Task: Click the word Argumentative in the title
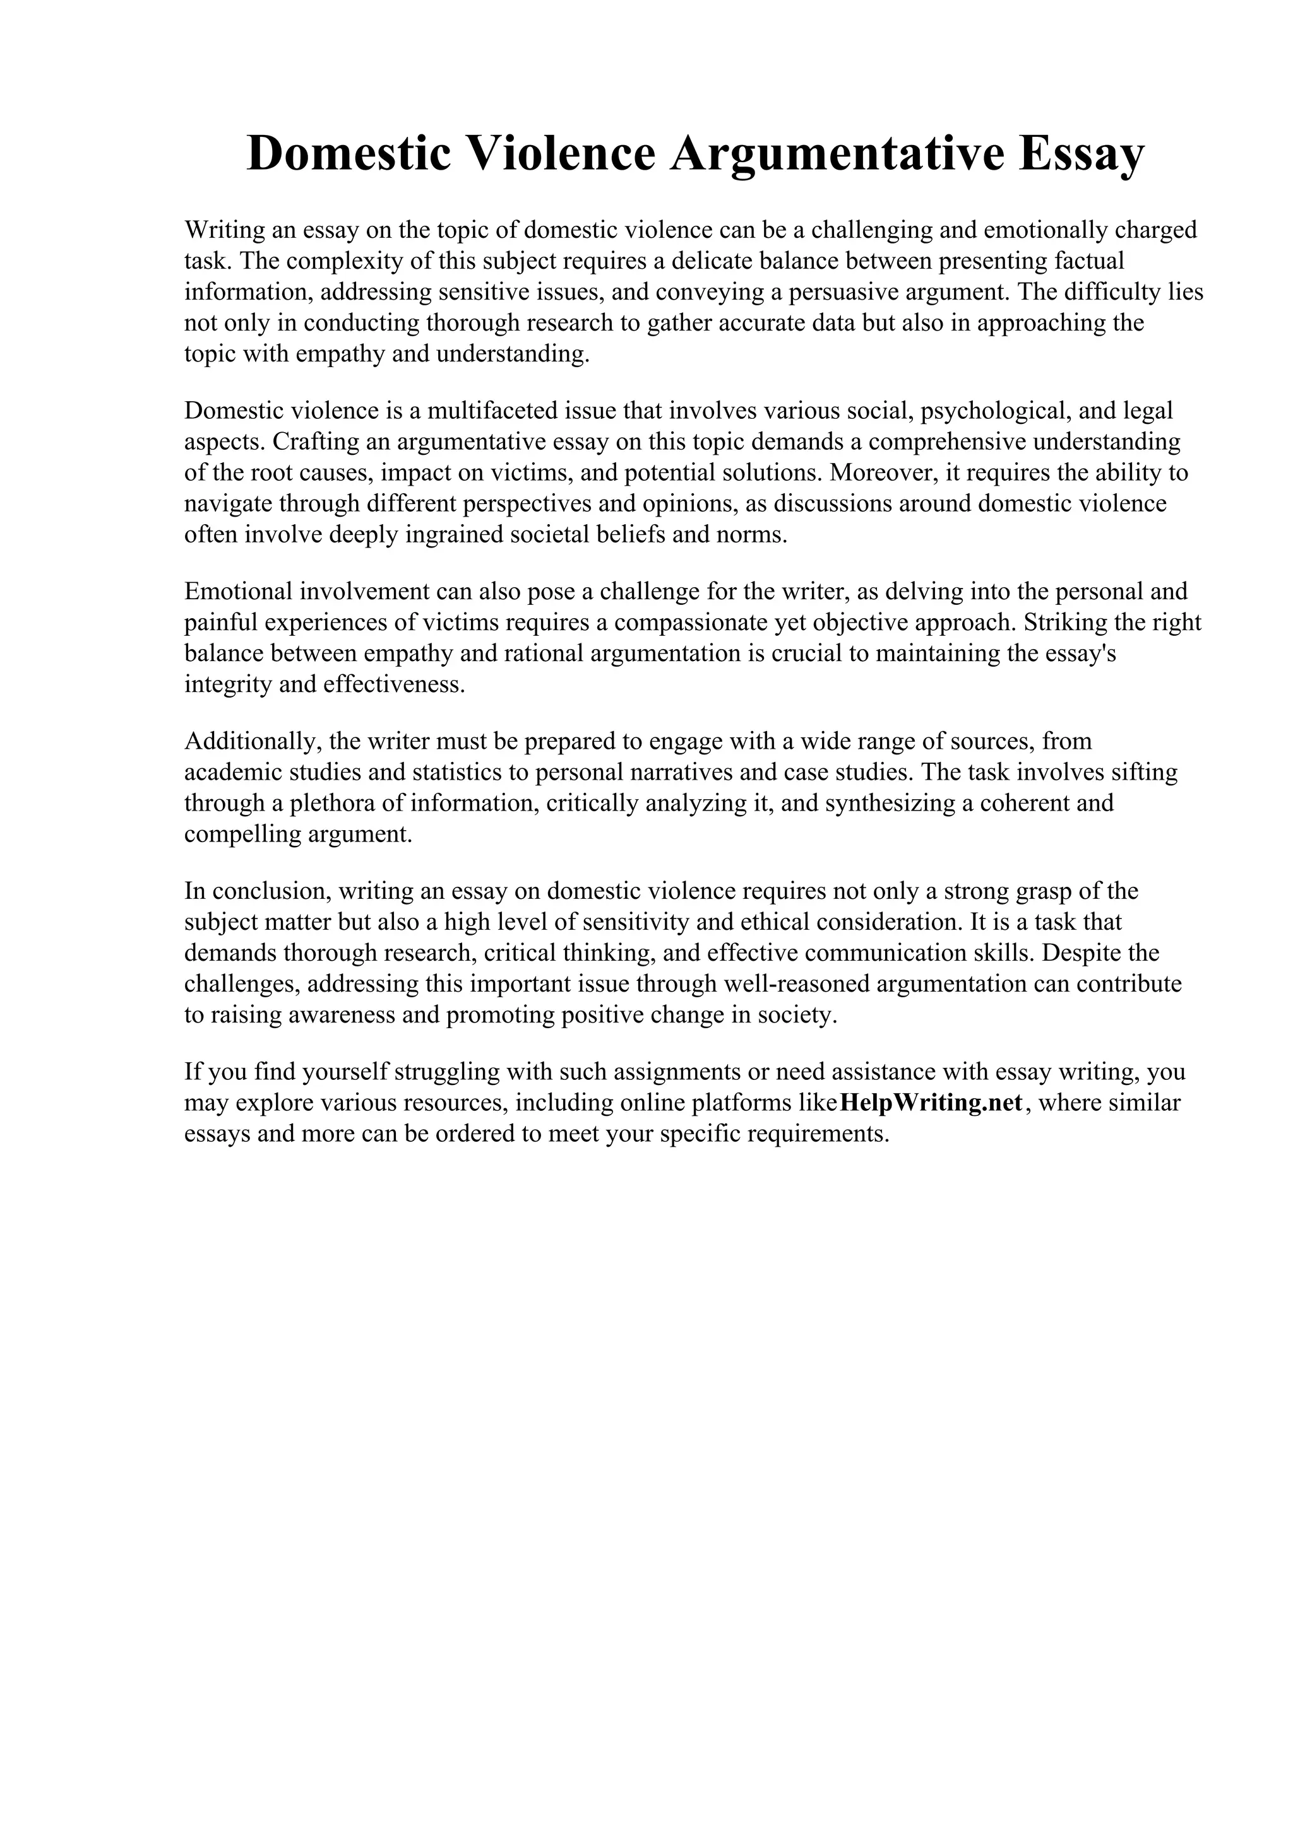pyautogui.click(x=837, y=154)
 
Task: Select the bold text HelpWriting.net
pyautogui.click(x=931, y=1103)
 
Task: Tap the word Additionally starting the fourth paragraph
pyautogui.click(x=253, y=741)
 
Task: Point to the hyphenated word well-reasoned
pyautogui.click(x=793, y=984)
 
